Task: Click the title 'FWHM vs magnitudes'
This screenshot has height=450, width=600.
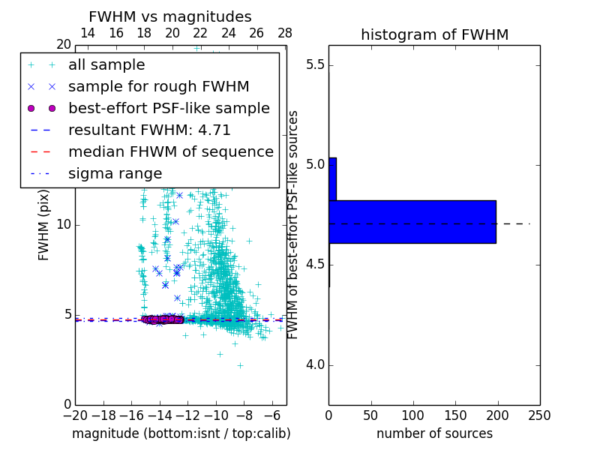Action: coord(170,16)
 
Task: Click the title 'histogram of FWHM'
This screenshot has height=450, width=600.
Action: coord(434,34)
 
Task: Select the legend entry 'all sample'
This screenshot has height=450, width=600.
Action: coord(106,65)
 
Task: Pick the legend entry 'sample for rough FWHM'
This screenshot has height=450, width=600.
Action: coord(158,86)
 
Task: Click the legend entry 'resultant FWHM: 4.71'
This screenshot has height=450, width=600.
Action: coord(149,130)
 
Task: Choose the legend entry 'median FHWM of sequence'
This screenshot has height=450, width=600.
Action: coord(170,151)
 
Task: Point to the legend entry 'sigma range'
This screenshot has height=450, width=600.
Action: coord(115,173)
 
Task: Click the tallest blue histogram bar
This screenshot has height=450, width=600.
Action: coord(412,222)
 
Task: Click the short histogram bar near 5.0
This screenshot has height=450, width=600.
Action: coord(332,178)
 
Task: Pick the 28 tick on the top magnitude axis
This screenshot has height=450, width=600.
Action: coord(284,33)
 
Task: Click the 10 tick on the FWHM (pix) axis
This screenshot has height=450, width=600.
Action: coord(64,225)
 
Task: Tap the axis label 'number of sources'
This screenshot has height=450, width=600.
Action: coord(434,433)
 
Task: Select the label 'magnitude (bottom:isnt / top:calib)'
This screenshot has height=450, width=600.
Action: coord(181,433)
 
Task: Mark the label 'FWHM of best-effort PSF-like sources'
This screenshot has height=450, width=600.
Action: coord(294,224)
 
